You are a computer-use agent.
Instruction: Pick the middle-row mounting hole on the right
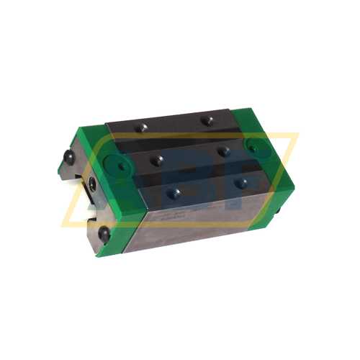pyautogui.click(x=224, y=151)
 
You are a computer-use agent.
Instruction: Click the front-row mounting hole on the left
pyautogui.click(x=176, y=191)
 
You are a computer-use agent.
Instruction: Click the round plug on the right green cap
pyautogui.click(x=256, y=146)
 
